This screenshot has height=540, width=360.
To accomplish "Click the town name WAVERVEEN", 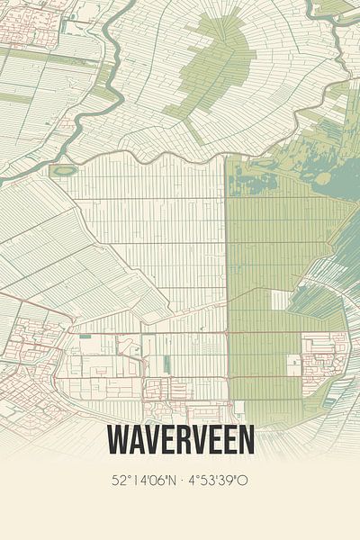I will click(180, 440).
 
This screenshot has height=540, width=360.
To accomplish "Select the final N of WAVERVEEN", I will click(246, 440).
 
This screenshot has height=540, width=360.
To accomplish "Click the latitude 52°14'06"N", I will click(146, 481).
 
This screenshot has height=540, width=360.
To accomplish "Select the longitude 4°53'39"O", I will click(219, 481).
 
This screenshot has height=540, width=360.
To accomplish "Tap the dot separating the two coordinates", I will click(183, 481).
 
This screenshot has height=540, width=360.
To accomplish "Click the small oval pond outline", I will click(63, 169).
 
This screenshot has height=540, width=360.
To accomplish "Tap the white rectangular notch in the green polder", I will click(282, 300).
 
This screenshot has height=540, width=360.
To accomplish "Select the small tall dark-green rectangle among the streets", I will click(166, 363).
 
